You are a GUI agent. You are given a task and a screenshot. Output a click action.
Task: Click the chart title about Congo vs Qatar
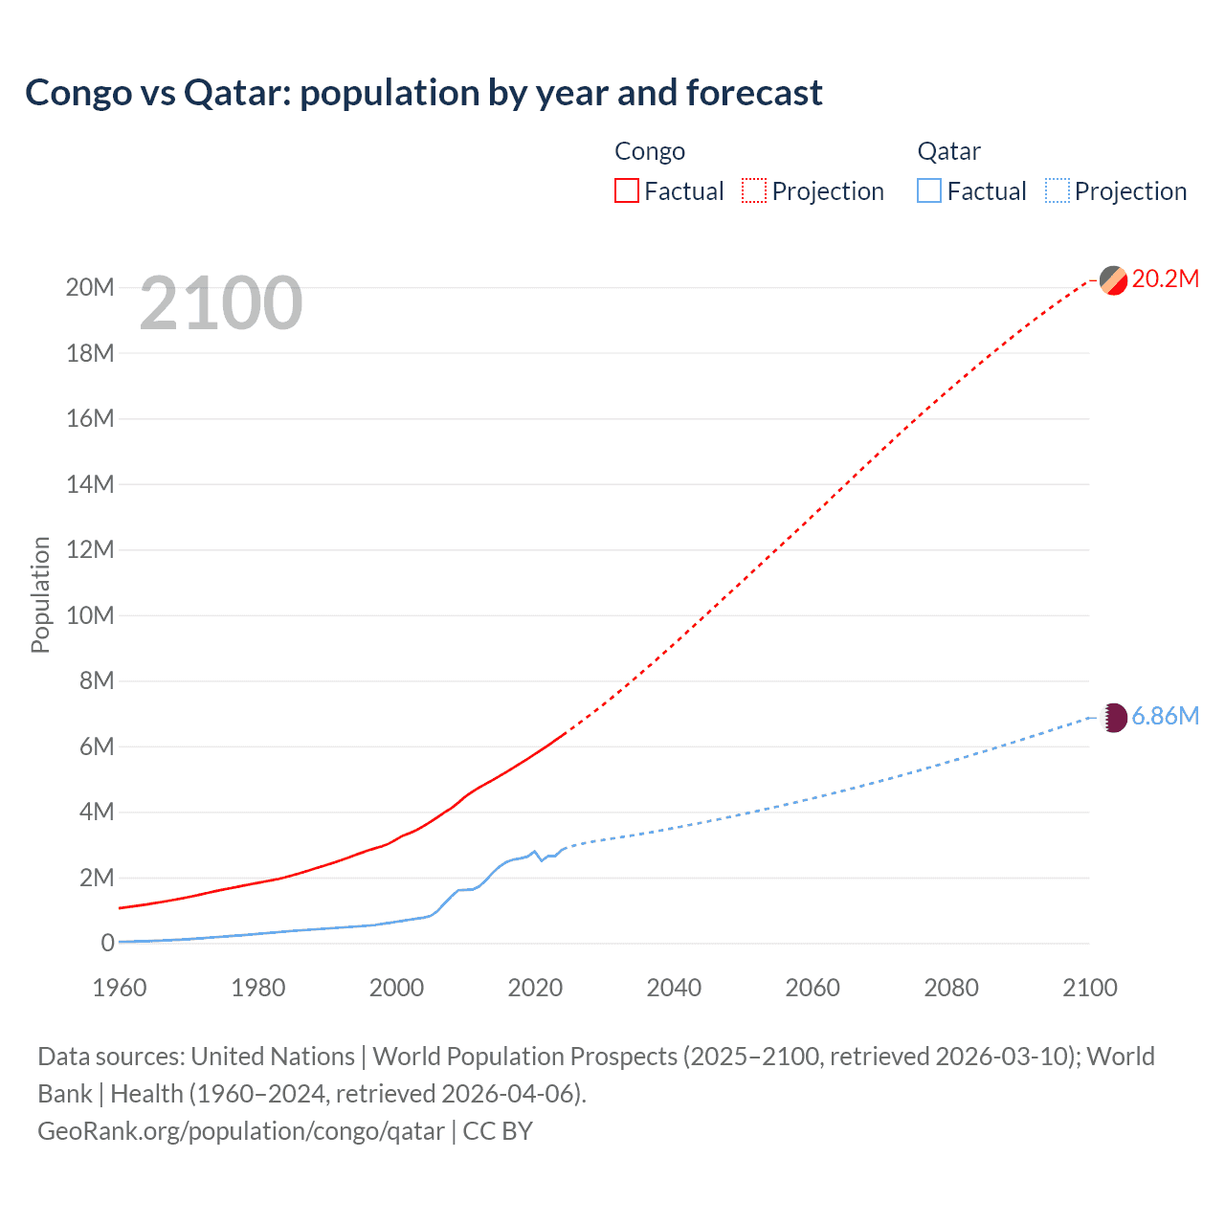pos(423,93)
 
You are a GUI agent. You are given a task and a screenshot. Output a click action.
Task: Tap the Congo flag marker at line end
pos(1113,280)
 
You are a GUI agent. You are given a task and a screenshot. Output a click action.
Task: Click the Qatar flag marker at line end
pos(1113,718)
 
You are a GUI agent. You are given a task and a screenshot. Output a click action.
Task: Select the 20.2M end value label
pos(1165,278)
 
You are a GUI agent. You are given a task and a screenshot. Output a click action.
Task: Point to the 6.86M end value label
pos(1165,716)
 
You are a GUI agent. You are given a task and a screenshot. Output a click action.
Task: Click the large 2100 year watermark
pos(221,303)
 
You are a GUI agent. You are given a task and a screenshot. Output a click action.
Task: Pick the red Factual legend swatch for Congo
pos(626,191)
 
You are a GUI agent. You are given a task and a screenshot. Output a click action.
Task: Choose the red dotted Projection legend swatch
pos(754,191)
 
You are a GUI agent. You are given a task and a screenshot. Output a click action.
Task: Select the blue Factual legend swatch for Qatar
pos(929,191)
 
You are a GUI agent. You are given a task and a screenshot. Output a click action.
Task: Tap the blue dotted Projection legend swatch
pos(1057,191)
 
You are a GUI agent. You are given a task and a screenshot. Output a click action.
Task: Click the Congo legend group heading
pos(650,151)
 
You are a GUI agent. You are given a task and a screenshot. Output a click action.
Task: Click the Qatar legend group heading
pos(948,151)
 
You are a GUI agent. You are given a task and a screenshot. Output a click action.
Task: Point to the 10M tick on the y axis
pos(90,615)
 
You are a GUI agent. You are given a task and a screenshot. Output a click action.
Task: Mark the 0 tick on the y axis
pos(107,944)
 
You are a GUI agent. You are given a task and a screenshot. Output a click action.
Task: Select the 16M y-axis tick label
pos(90,418)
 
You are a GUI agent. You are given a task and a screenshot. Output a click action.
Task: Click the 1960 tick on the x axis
pos(120,988)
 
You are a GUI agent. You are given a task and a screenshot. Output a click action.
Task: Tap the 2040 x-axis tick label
pos(674,988)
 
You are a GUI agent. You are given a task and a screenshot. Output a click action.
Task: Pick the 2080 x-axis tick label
pos(951,988)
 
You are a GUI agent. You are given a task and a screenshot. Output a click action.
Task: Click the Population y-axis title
pos(40,594)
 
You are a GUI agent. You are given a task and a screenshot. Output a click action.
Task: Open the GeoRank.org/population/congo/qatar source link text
pos(241,1131)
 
